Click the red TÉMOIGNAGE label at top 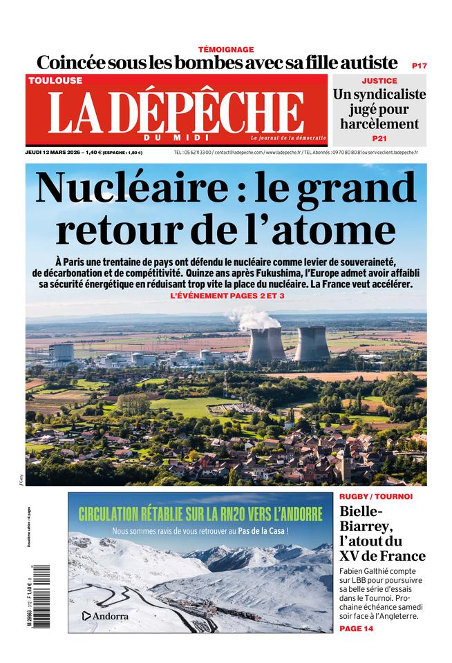(x=226, y=49)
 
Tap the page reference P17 (x=419, y=65)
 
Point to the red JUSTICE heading (x=379, y=81)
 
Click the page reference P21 (x=379, y=139)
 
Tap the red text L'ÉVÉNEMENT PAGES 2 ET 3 (x=227, y=296)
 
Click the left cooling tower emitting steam (x=266, y=343)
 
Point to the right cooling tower (x=312, y=343)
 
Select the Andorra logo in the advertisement (x=105, y=615)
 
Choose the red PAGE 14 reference (x=357, y=629)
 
